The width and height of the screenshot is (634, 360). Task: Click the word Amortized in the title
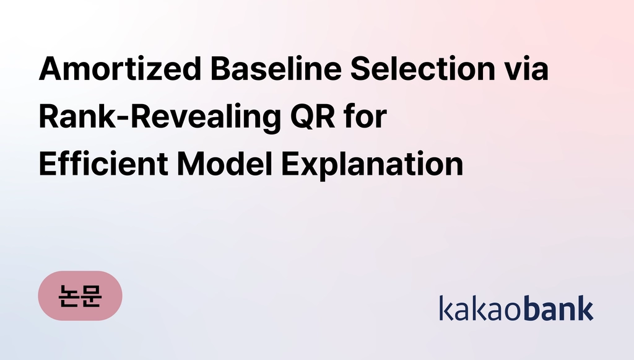pos(120,68)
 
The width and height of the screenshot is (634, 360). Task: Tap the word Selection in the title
pos(422,68)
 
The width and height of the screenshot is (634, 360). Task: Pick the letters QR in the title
pos(313,116)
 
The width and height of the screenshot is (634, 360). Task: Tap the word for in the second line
pos(365,116)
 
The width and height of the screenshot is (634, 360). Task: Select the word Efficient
pos(103,163)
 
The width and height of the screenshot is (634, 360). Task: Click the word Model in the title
pos(225,163)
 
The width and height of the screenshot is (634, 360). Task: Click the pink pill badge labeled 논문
pos(80,296)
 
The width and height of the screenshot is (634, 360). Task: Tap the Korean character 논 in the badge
pos(68,296)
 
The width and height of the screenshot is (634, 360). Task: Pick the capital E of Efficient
pos(48,163)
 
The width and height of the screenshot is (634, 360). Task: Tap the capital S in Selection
pos(361,68)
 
